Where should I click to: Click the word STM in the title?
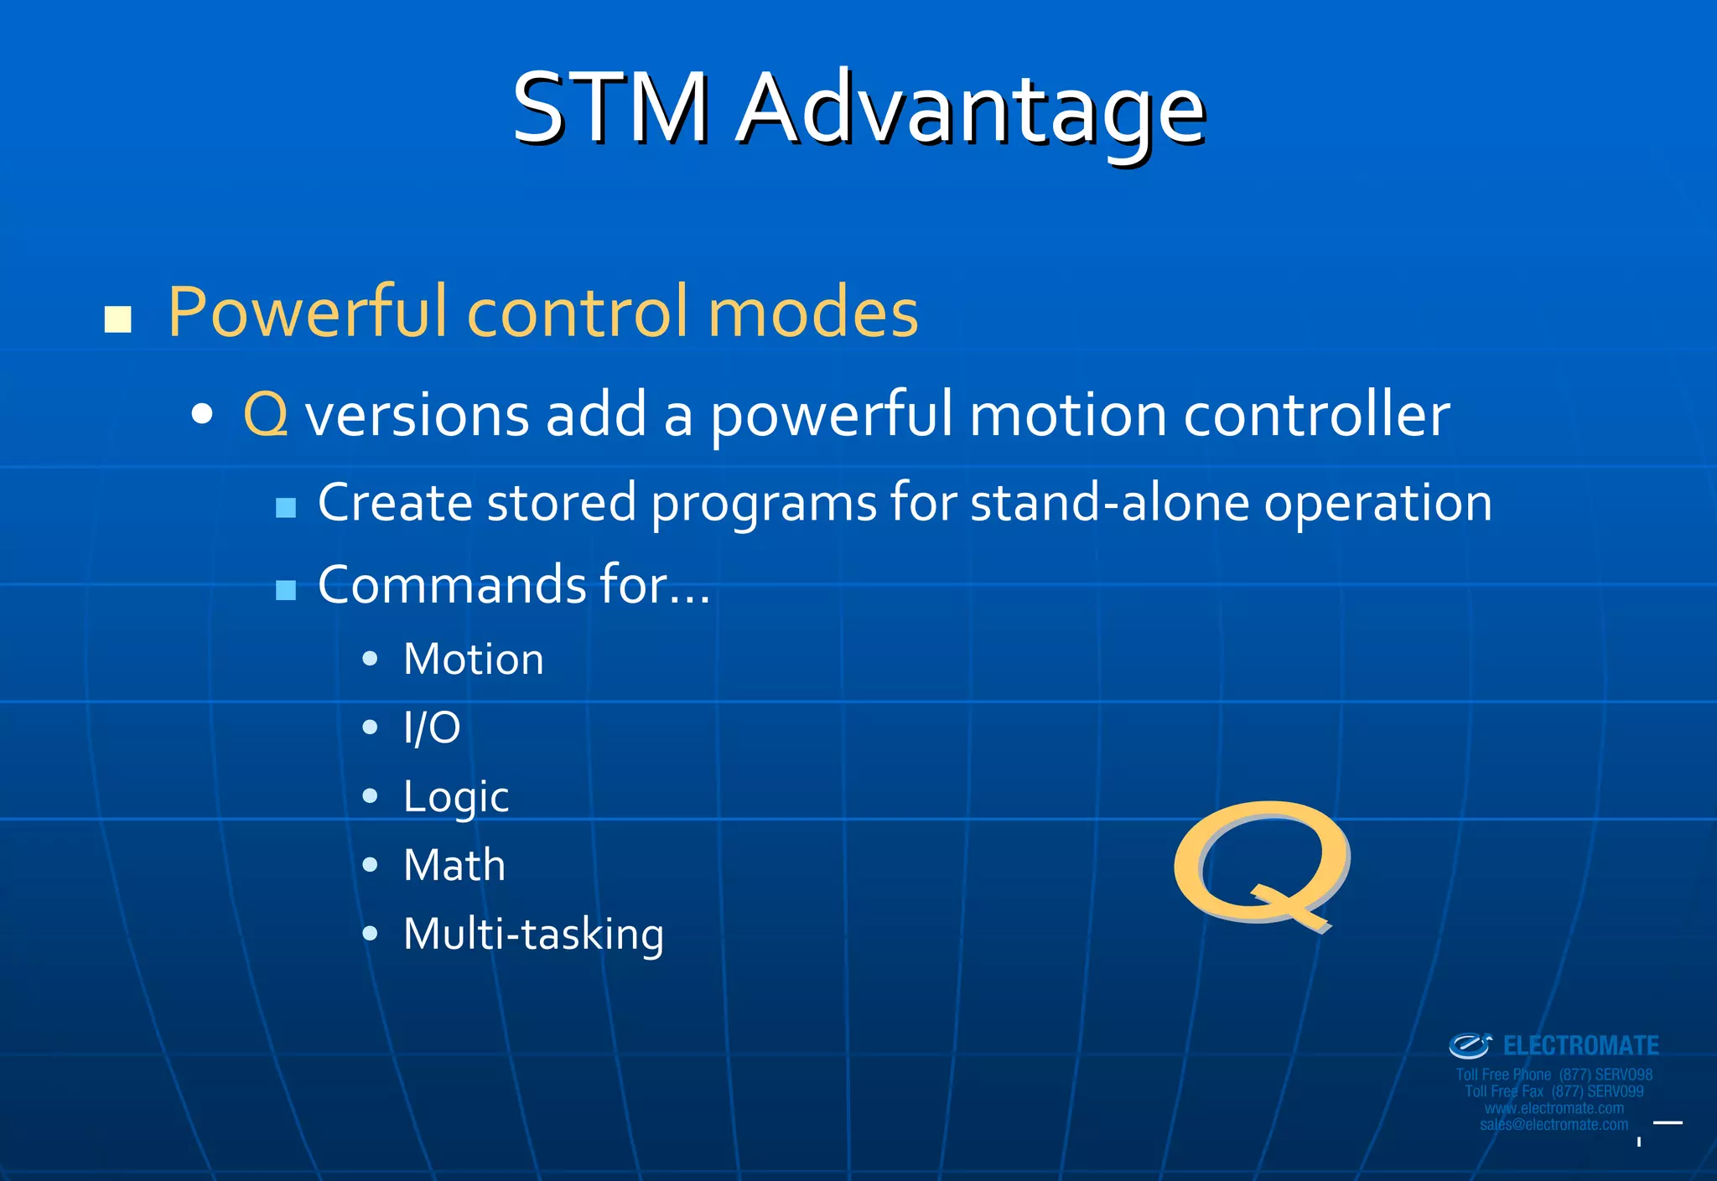click(610, 109)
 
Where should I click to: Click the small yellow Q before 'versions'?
click(266, 415)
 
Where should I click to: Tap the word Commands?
click(451, 585)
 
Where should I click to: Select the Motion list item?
click(473, 659)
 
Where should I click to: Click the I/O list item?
click(432, 728)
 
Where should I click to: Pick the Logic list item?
click(455, 796)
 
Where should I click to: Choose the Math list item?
click(454, 865)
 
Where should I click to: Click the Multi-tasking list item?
click(533, 934)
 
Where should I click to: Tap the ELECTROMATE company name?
click(1580, 1046)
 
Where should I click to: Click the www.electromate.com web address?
click(1554, 1108)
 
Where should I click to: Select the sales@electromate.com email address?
click(1554, 1125)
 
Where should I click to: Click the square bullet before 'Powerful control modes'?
click(118, 319)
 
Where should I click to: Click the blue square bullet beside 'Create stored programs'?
click(286, 507)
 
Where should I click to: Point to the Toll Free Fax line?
click(1554, 1091)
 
